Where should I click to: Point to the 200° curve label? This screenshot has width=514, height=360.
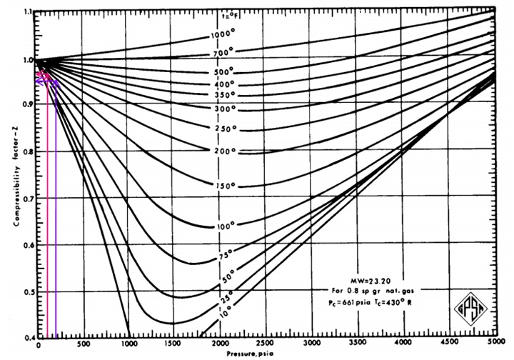tap(221, 151)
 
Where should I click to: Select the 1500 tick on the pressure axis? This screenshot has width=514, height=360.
tap(174, 344)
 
